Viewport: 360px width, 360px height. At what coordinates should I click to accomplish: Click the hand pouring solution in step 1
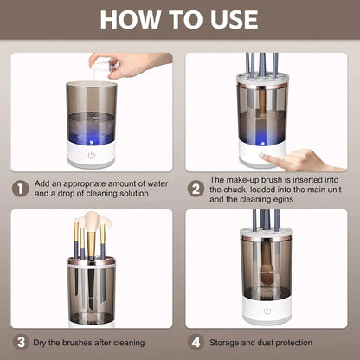(130, 62)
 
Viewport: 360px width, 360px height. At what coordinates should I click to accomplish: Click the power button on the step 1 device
(91, 156)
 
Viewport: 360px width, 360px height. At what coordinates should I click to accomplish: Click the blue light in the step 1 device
(90, 136)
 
